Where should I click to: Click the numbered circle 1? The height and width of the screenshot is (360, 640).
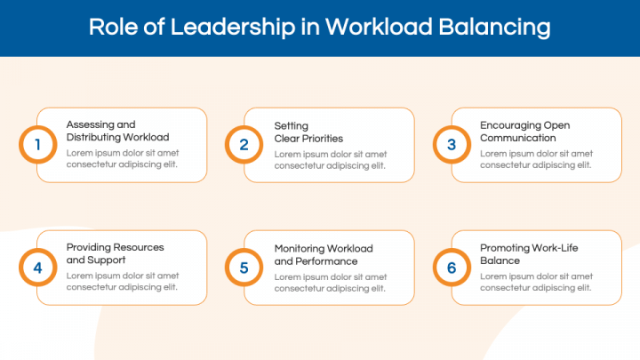tap(38, 145)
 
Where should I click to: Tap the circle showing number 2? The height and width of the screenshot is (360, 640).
tap(244, 145)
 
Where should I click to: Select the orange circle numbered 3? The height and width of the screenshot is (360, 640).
tap(452, 145)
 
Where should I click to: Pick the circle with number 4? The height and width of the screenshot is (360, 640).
tap(38, 268)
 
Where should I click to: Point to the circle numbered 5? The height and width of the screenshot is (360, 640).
tap(244, 268)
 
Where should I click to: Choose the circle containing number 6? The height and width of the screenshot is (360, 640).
tap(452, 268)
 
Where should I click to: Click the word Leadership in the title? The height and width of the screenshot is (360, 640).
tap(232, 28)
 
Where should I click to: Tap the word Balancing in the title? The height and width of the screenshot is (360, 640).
tap(494, 28)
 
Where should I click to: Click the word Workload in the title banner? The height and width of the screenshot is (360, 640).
tap(379, 27)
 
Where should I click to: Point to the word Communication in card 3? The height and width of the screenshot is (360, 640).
tap(517, 138)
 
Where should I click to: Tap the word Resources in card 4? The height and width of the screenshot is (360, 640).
tap(139, 247)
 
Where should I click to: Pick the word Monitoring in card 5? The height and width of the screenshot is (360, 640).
tap(299, 249)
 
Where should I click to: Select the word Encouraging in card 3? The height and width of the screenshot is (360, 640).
tap(505, 125)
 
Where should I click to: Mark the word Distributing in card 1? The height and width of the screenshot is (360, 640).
tap(93, 138)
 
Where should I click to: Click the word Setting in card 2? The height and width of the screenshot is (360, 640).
tap(291, 126)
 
